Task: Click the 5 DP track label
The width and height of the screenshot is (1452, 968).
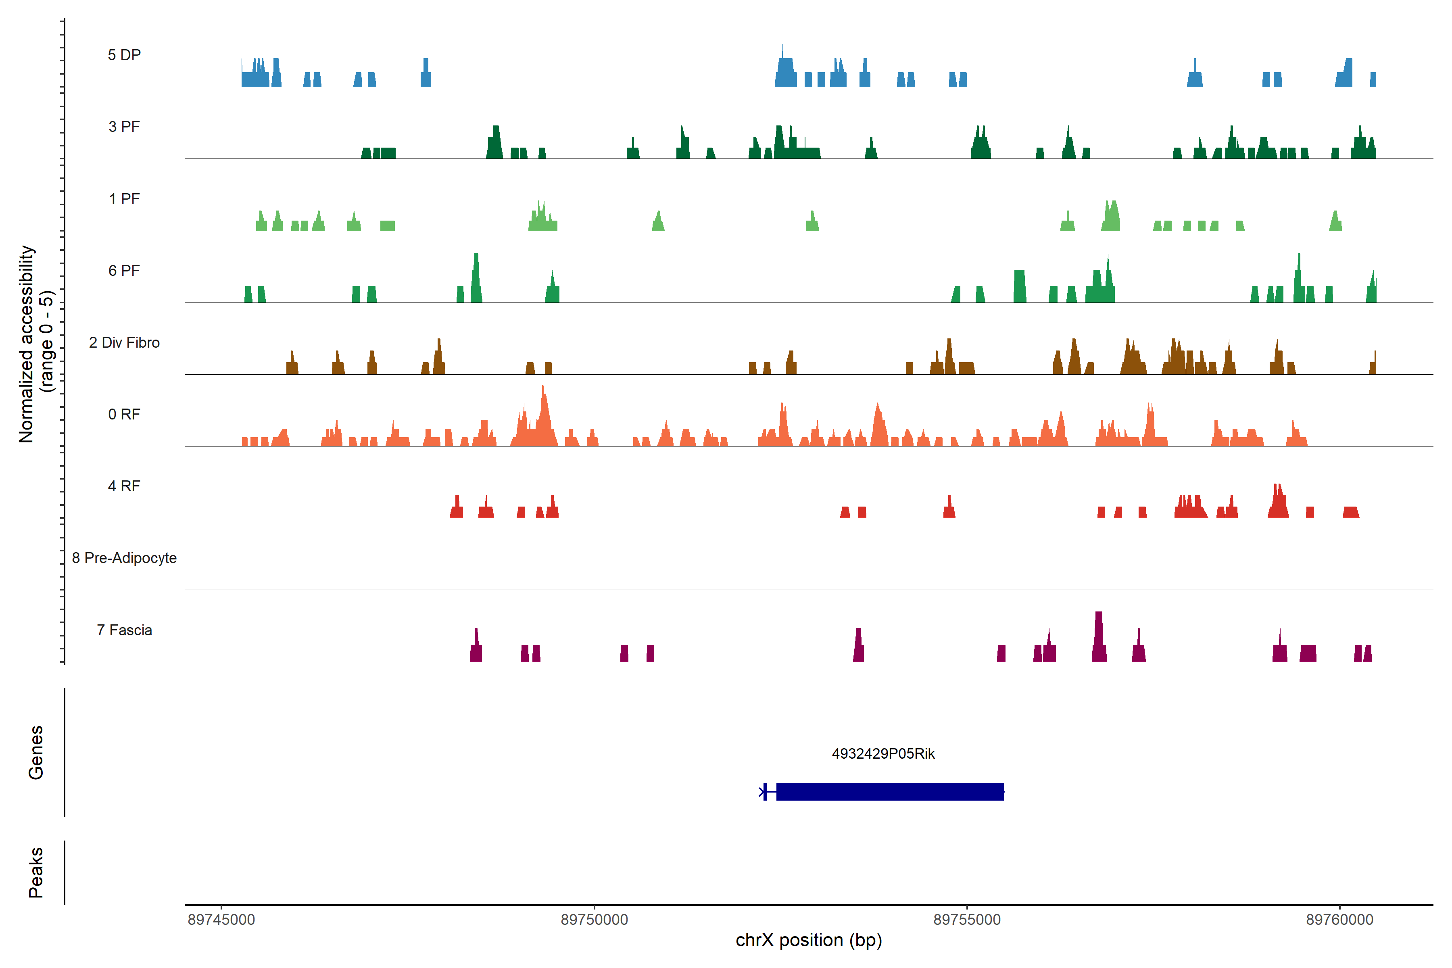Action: [x=124, y=55]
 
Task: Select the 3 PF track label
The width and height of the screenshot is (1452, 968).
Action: [x=124, y=127]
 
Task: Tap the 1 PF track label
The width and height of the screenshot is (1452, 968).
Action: [x=124, y=199]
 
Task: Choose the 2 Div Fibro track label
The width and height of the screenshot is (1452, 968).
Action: [x=124, y=342]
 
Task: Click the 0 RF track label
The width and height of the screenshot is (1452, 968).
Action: [x=124, y=414]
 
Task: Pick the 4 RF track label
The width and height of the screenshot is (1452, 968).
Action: [x=124, y=486]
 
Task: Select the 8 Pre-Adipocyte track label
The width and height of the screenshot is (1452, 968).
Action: [x=124, y=558]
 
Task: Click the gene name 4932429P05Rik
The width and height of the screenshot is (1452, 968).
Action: [x=883, y=754]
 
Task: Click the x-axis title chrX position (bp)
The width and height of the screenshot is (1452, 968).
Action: [x=809, y=940]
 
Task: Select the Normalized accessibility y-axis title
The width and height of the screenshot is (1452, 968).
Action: [x=36, y=344]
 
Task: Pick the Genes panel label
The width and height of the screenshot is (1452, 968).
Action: [x=36, y=753]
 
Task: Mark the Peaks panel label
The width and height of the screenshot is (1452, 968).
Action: [x=36, y=872]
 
